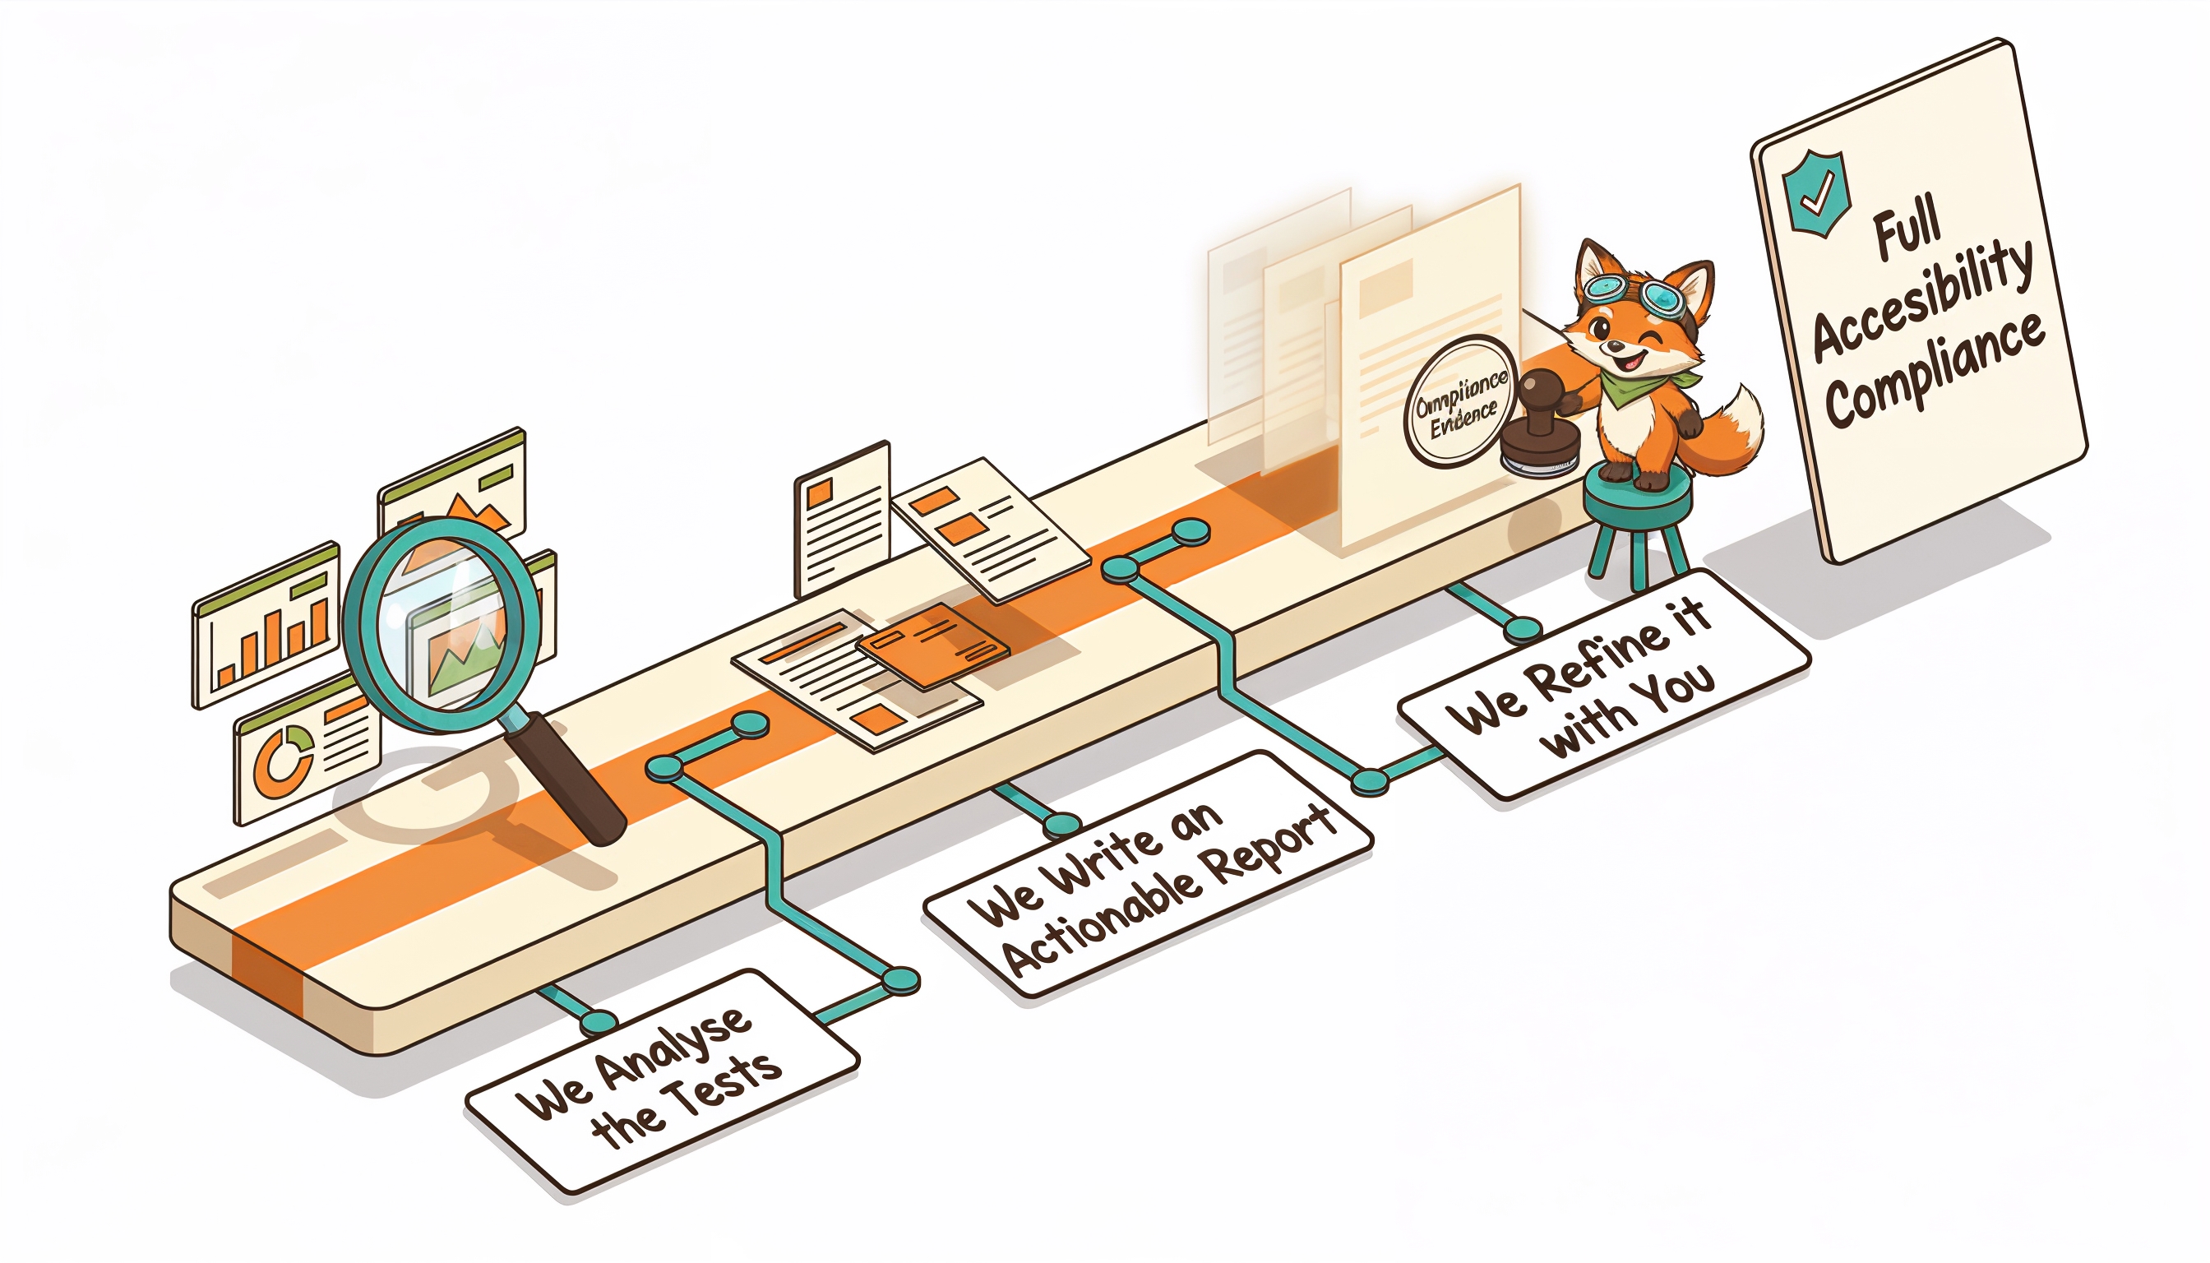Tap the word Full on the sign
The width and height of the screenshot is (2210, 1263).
(x=1907, y=229)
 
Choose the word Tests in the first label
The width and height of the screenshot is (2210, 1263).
(x=728, y=1089)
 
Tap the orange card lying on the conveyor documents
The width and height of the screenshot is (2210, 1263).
(x=932, y=645)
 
